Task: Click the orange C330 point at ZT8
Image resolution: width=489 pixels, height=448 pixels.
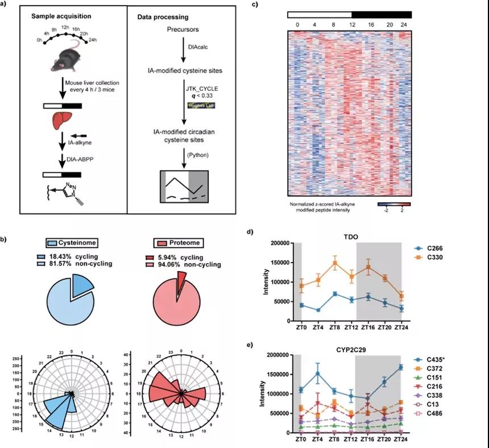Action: (335, 263)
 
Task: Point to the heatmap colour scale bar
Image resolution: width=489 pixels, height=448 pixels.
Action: (393, 203)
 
